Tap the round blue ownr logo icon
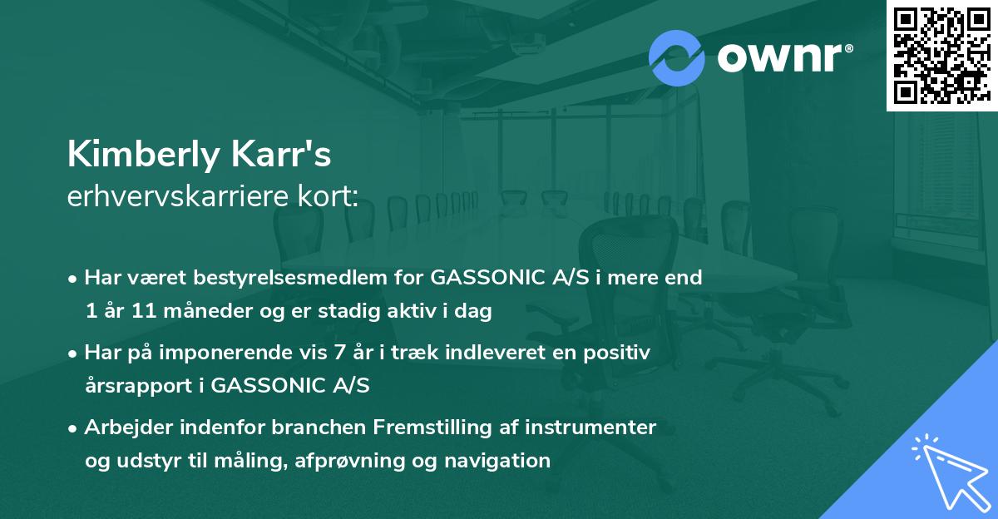676,58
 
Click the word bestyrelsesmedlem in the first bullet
272,277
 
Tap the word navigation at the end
500,461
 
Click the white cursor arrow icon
948,470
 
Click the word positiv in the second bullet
620,352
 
